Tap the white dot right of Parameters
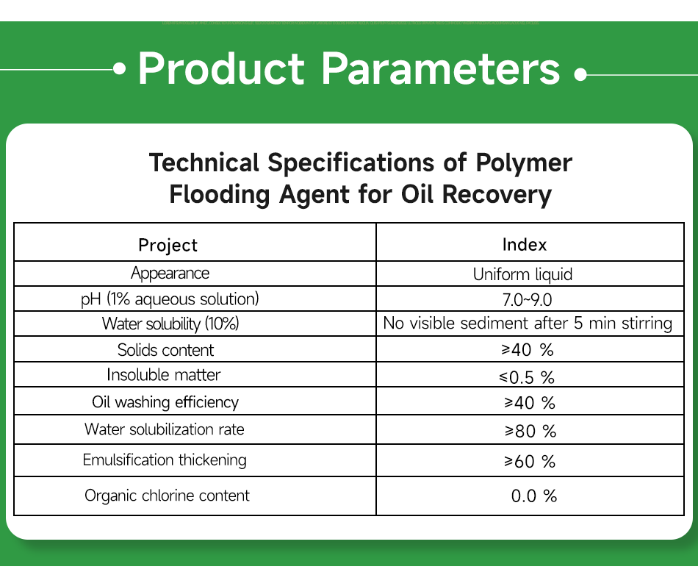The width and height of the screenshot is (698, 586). click(x=580, y=74)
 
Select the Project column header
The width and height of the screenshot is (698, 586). click(x=168, y=245)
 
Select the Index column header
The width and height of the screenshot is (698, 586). click(x=525, y=245)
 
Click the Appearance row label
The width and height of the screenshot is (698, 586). click(x=170, y=274)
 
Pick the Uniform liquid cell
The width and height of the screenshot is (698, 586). click(x=522, y=275)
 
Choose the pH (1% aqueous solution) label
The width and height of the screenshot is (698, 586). click(x=170, y=299)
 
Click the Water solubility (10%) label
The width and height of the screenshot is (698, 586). click(x=170, y=324)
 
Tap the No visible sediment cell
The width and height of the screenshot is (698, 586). click(x=528, y=324)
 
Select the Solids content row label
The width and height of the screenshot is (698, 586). click(x=166, y=350)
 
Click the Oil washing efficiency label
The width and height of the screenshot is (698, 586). click(x=165, y=402)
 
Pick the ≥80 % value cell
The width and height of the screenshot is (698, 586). click(x=529, y=431)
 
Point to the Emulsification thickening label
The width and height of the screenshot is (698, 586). click(x=165, y=460)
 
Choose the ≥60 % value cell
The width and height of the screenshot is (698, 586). click(x=529, y=462)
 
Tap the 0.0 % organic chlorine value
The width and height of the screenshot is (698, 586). click(x=534, y=496)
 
